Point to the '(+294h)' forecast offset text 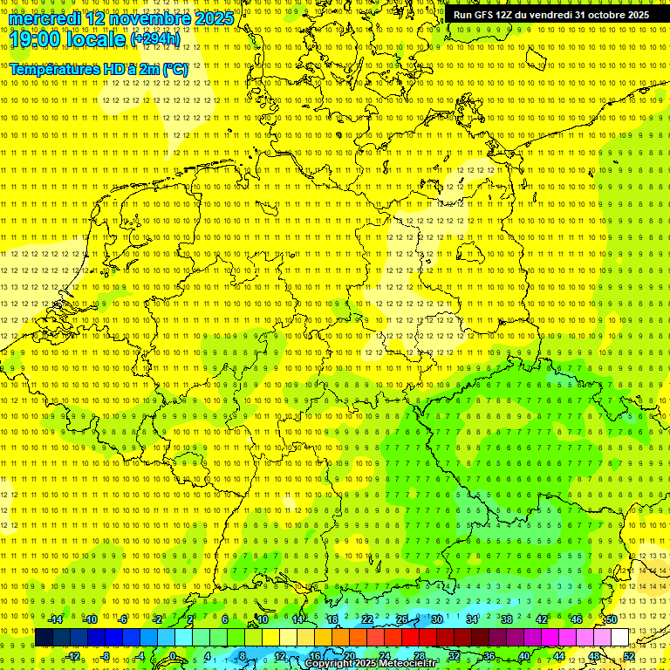(x=155, y=39)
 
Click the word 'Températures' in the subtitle (x=54, y=69)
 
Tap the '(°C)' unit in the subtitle (x=175, y=69)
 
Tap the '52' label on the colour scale (x=629, y=656)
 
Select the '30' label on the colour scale (x=436, y=619)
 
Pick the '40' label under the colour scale (x=523, y=656)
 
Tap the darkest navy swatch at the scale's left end (x=44, y=638)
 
